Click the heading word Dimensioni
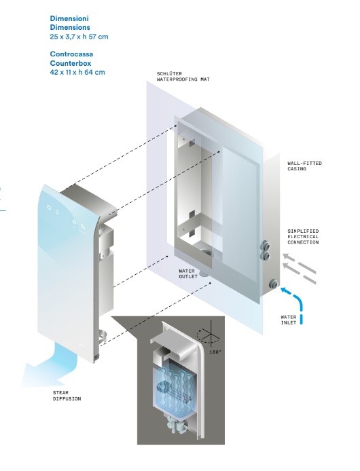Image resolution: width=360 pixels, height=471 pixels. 69,18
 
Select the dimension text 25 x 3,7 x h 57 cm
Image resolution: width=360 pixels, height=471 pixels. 79,37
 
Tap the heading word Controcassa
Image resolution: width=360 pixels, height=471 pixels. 71,54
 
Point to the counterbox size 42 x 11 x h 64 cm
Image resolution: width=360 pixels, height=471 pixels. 77,73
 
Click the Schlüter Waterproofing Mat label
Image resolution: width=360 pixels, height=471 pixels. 183,77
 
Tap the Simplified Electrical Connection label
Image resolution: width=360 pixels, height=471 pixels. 303,237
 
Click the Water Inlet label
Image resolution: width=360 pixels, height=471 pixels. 289,320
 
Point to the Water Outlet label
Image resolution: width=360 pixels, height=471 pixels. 188,274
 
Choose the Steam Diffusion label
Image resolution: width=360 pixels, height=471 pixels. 67,396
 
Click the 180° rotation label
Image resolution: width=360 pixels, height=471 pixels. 215,352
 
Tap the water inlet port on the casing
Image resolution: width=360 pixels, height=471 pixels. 273,283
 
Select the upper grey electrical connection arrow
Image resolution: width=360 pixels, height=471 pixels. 300,263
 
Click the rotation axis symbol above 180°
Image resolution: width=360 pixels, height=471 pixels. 209,333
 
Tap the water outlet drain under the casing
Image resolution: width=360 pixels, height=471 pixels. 204,274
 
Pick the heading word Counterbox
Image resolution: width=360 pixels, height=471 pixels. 71,63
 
